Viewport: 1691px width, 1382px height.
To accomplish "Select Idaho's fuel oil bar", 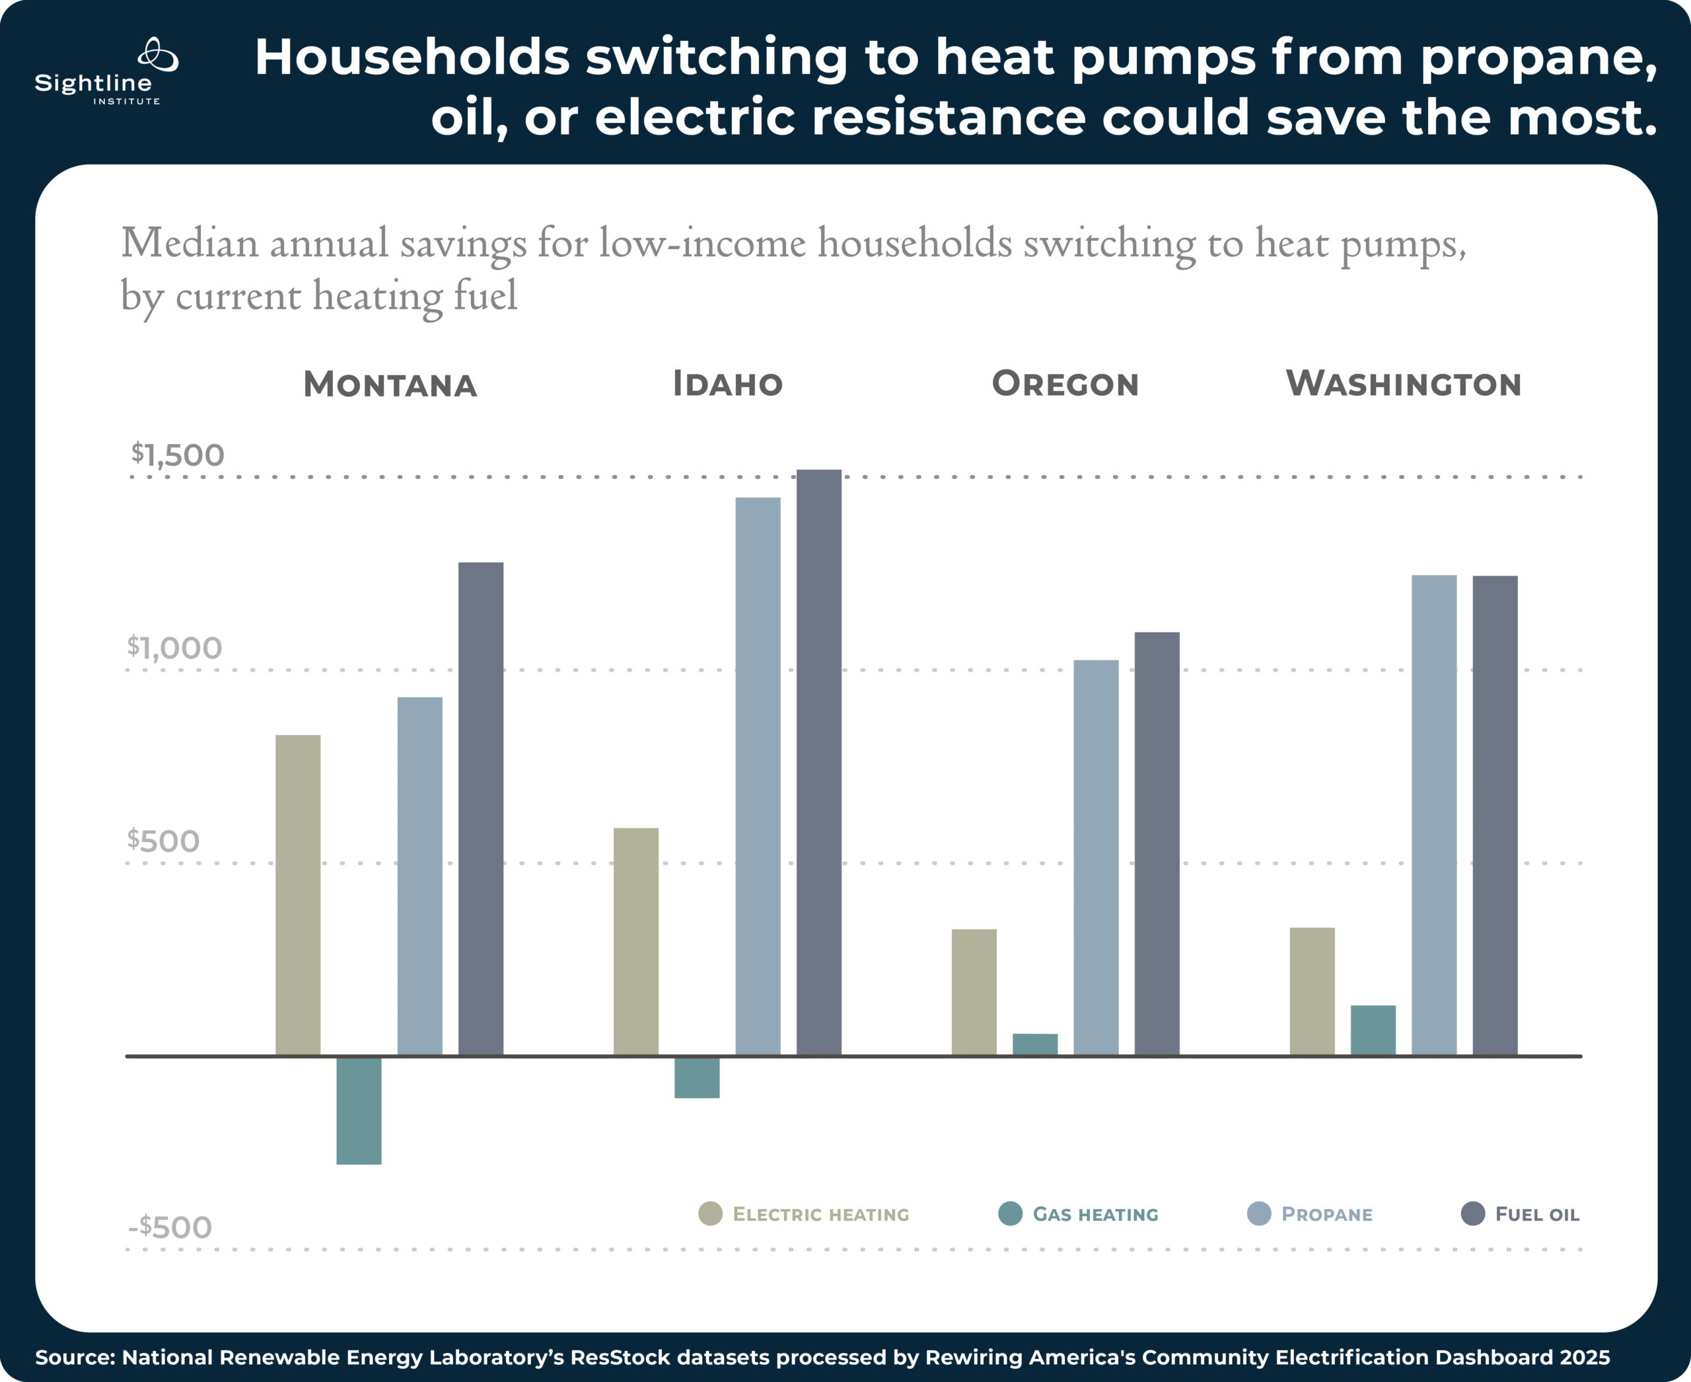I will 818,762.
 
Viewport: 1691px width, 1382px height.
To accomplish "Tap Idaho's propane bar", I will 757,776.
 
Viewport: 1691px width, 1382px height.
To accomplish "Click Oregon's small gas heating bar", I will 1034,1044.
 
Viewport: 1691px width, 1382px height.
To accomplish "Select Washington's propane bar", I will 1434,815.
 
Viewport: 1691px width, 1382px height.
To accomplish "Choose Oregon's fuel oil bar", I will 1156,844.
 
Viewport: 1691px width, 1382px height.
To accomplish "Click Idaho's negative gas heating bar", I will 697,1077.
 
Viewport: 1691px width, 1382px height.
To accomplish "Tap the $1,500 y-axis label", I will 178,455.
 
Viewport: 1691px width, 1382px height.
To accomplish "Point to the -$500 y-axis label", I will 170,1227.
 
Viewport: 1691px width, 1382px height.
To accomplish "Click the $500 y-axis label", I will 163,841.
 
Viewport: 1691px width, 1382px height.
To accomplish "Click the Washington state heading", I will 1403,384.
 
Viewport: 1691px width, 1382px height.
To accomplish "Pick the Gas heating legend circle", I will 1009,1214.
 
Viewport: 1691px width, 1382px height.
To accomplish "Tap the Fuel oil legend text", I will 1536,1214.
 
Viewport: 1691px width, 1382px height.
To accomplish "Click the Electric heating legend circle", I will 709,1214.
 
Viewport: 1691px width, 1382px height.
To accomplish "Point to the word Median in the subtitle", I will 190,243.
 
